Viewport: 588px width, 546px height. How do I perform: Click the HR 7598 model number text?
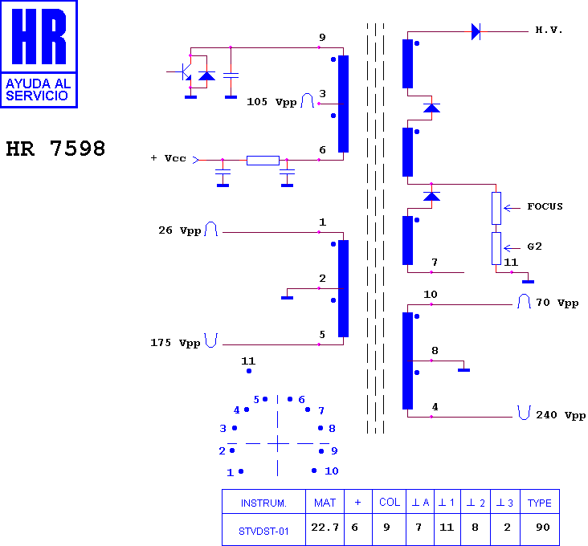55,149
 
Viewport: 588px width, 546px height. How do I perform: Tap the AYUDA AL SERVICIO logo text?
39,90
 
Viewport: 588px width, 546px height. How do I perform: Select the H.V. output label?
549,30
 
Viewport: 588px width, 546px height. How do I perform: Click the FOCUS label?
545,206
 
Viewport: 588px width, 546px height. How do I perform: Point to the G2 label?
534,247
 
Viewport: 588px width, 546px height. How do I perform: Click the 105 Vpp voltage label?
272,102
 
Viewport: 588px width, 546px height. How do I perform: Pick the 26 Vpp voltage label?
180,230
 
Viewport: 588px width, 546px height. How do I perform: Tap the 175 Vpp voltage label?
175,343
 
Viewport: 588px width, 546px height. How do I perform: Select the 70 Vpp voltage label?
557,303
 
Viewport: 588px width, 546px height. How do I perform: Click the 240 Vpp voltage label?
561,415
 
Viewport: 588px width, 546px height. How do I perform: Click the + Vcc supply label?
168,158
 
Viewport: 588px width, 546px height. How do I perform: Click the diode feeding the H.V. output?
476,31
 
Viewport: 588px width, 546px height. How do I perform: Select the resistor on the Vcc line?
263,161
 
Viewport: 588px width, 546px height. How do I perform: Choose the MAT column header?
325,503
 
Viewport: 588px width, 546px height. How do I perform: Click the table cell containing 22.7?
325,528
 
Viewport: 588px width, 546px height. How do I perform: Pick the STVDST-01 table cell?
263,531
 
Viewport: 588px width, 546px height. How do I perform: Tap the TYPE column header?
539,503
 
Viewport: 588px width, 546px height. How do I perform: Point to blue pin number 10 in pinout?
332,471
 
